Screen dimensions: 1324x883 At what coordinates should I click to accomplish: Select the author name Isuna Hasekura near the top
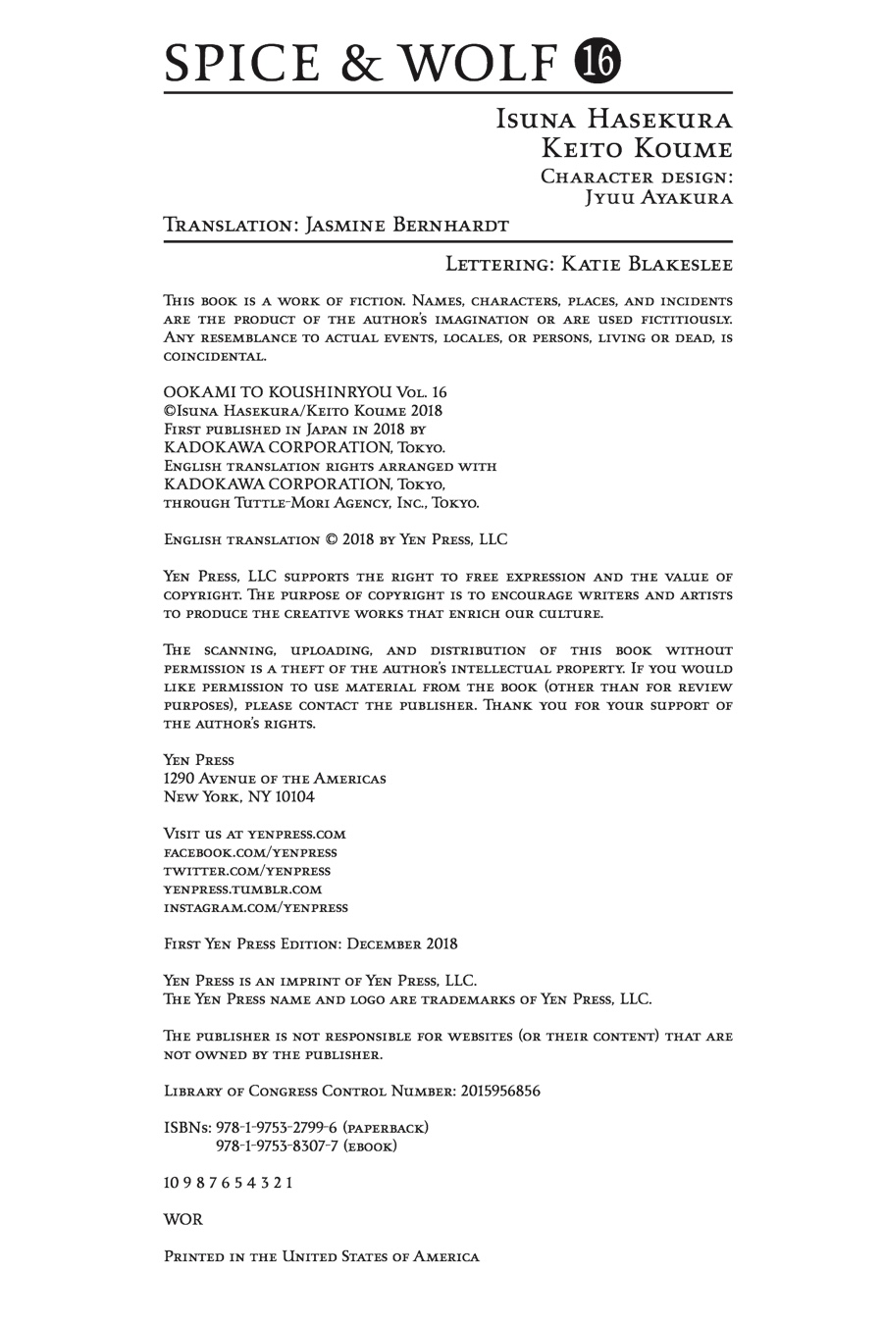pos(614,120)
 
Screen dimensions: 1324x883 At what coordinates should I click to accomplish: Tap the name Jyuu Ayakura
pos(658,197)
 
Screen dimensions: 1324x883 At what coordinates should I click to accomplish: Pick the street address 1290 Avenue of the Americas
pos(275,779)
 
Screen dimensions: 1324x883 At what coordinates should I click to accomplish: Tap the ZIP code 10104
pos(294,797)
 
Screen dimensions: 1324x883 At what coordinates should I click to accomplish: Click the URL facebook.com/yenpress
pos(250,852)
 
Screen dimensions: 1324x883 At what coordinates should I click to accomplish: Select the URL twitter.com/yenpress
pos(247,871)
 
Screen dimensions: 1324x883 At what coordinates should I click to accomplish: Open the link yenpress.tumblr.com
pos(242,890)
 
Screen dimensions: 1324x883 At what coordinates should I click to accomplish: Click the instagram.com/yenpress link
pos(255,908)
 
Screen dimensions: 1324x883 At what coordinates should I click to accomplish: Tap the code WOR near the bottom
pos(183,1219)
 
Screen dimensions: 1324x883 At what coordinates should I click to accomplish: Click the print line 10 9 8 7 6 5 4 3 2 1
pos(228,1183)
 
